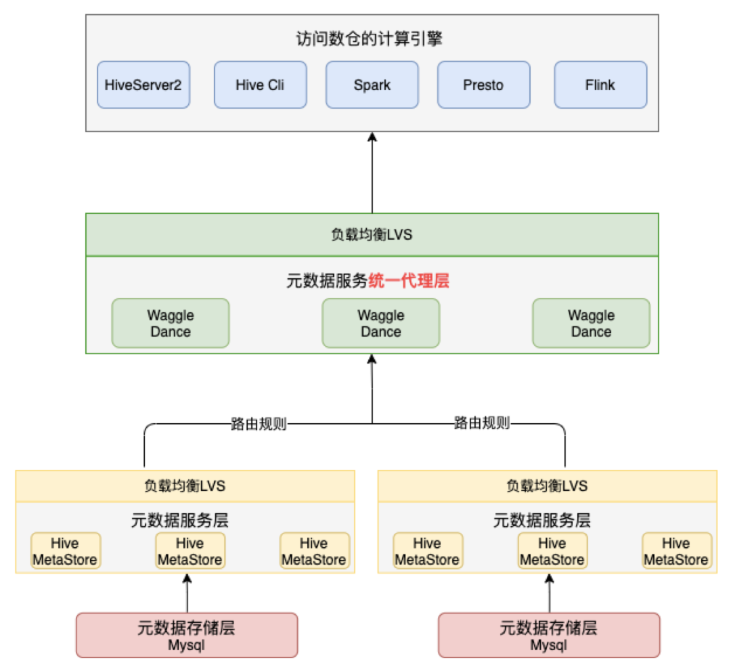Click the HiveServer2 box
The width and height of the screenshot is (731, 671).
(x=143, y=85)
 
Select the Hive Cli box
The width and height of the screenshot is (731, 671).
(x=260, y=85)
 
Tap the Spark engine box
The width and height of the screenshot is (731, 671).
(x=372, y=85)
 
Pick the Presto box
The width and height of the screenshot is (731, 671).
(x=483, y=85)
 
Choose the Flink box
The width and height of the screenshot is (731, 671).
(x=600, y=85)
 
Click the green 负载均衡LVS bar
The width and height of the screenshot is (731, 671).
(x=372, y=235)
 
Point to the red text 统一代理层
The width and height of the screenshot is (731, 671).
(x=409, y=280)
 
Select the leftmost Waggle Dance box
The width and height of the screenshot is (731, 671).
(x=171, y=324)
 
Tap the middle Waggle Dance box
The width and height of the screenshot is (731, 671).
(x=380, y=324)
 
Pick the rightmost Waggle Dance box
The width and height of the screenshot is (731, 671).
(x=591, y=324)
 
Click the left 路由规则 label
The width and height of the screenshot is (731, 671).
(x=259, y=425)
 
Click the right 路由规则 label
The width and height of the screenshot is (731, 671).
(x=481, y=425)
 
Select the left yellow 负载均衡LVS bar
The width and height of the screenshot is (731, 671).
(x=185, y=486)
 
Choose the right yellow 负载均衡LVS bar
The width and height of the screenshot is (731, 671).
(x=547, y=486)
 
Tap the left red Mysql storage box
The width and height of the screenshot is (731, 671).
(x=186, y=635)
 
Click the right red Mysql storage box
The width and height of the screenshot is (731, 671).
(x=549, y=635)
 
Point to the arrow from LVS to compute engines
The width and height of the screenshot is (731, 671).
(x=372, y=173)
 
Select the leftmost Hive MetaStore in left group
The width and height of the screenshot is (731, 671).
(x=65, y=551)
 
